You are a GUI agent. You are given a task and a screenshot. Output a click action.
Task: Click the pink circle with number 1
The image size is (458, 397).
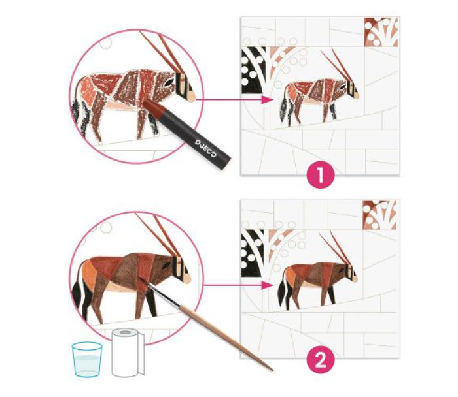[321, 175]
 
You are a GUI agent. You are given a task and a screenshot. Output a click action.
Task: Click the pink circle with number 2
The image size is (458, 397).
[321, 361]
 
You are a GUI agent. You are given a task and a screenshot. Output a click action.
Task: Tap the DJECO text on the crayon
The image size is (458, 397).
[205, 148]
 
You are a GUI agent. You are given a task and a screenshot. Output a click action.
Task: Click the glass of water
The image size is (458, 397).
[87, 360]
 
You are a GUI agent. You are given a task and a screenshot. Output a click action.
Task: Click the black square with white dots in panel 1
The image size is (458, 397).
[254, 71]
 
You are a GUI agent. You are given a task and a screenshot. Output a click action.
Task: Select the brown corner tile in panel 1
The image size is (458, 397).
[381, 32]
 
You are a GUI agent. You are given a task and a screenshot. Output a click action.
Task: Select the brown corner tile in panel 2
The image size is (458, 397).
[379, 215]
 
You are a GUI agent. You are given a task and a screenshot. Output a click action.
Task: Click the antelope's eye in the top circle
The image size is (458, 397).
[167, 83]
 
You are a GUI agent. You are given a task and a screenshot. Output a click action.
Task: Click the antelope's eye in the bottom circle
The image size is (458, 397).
[166, 265]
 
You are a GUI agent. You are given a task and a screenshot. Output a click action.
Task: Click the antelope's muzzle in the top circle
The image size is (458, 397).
[190, 96]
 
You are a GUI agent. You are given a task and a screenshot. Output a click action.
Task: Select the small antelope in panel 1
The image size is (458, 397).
[319, 88]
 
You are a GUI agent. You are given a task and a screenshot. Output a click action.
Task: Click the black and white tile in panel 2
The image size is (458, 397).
[253, 253]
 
